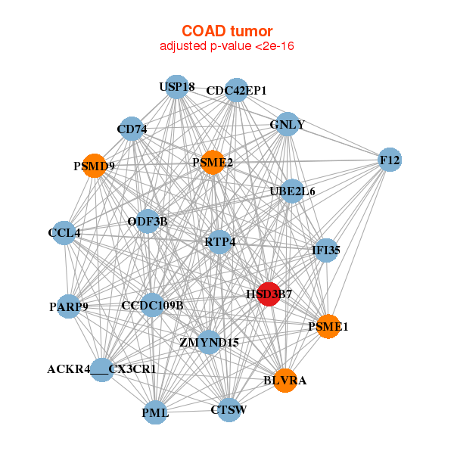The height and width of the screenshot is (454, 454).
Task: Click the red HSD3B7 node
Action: click(x=269, y=294)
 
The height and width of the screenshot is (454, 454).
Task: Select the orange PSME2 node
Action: click(x=212, y=162)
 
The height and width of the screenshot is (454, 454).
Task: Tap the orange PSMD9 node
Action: click(x=94, y=165)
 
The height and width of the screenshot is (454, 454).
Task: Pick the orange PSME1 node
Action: click(x=328, y=326)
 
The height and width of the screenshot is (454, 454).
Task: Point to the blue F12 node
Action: click(x=390, y=160)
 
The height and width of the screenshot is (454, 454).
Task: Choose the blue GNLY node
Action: click(x=287, y=124)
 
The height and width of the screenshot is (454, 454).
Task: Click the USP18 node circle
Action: click(x=176, y=87)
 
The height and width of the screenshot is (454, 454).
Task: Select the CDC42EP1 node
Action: click(x=237, y=90)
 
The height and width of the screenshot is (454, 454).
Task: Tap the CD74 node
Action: click(x=132, y=129)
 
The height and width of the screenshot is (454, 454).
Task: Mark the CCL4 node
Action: click(x=64, y=232)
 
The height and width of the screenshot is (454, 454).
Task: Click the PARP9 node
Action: click(x=69, y=306)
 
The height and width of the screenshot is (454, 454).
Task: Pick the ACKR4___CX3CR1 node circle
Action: click(x=102, y=370)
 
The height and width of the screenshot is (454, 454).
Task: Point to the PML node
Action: click(x=155, y=412)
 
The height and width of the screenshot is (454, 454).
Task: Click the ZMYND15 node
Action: click(x=209, y=342)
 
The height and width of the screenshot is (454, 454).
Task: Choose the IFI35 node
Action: click(x=325, y=250)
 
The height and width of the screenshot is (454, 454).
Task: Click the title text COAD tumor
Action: click(x=226, y=31)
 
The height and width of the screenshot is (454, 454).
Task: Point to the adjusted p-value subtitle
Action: click(x=226, y=46)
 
